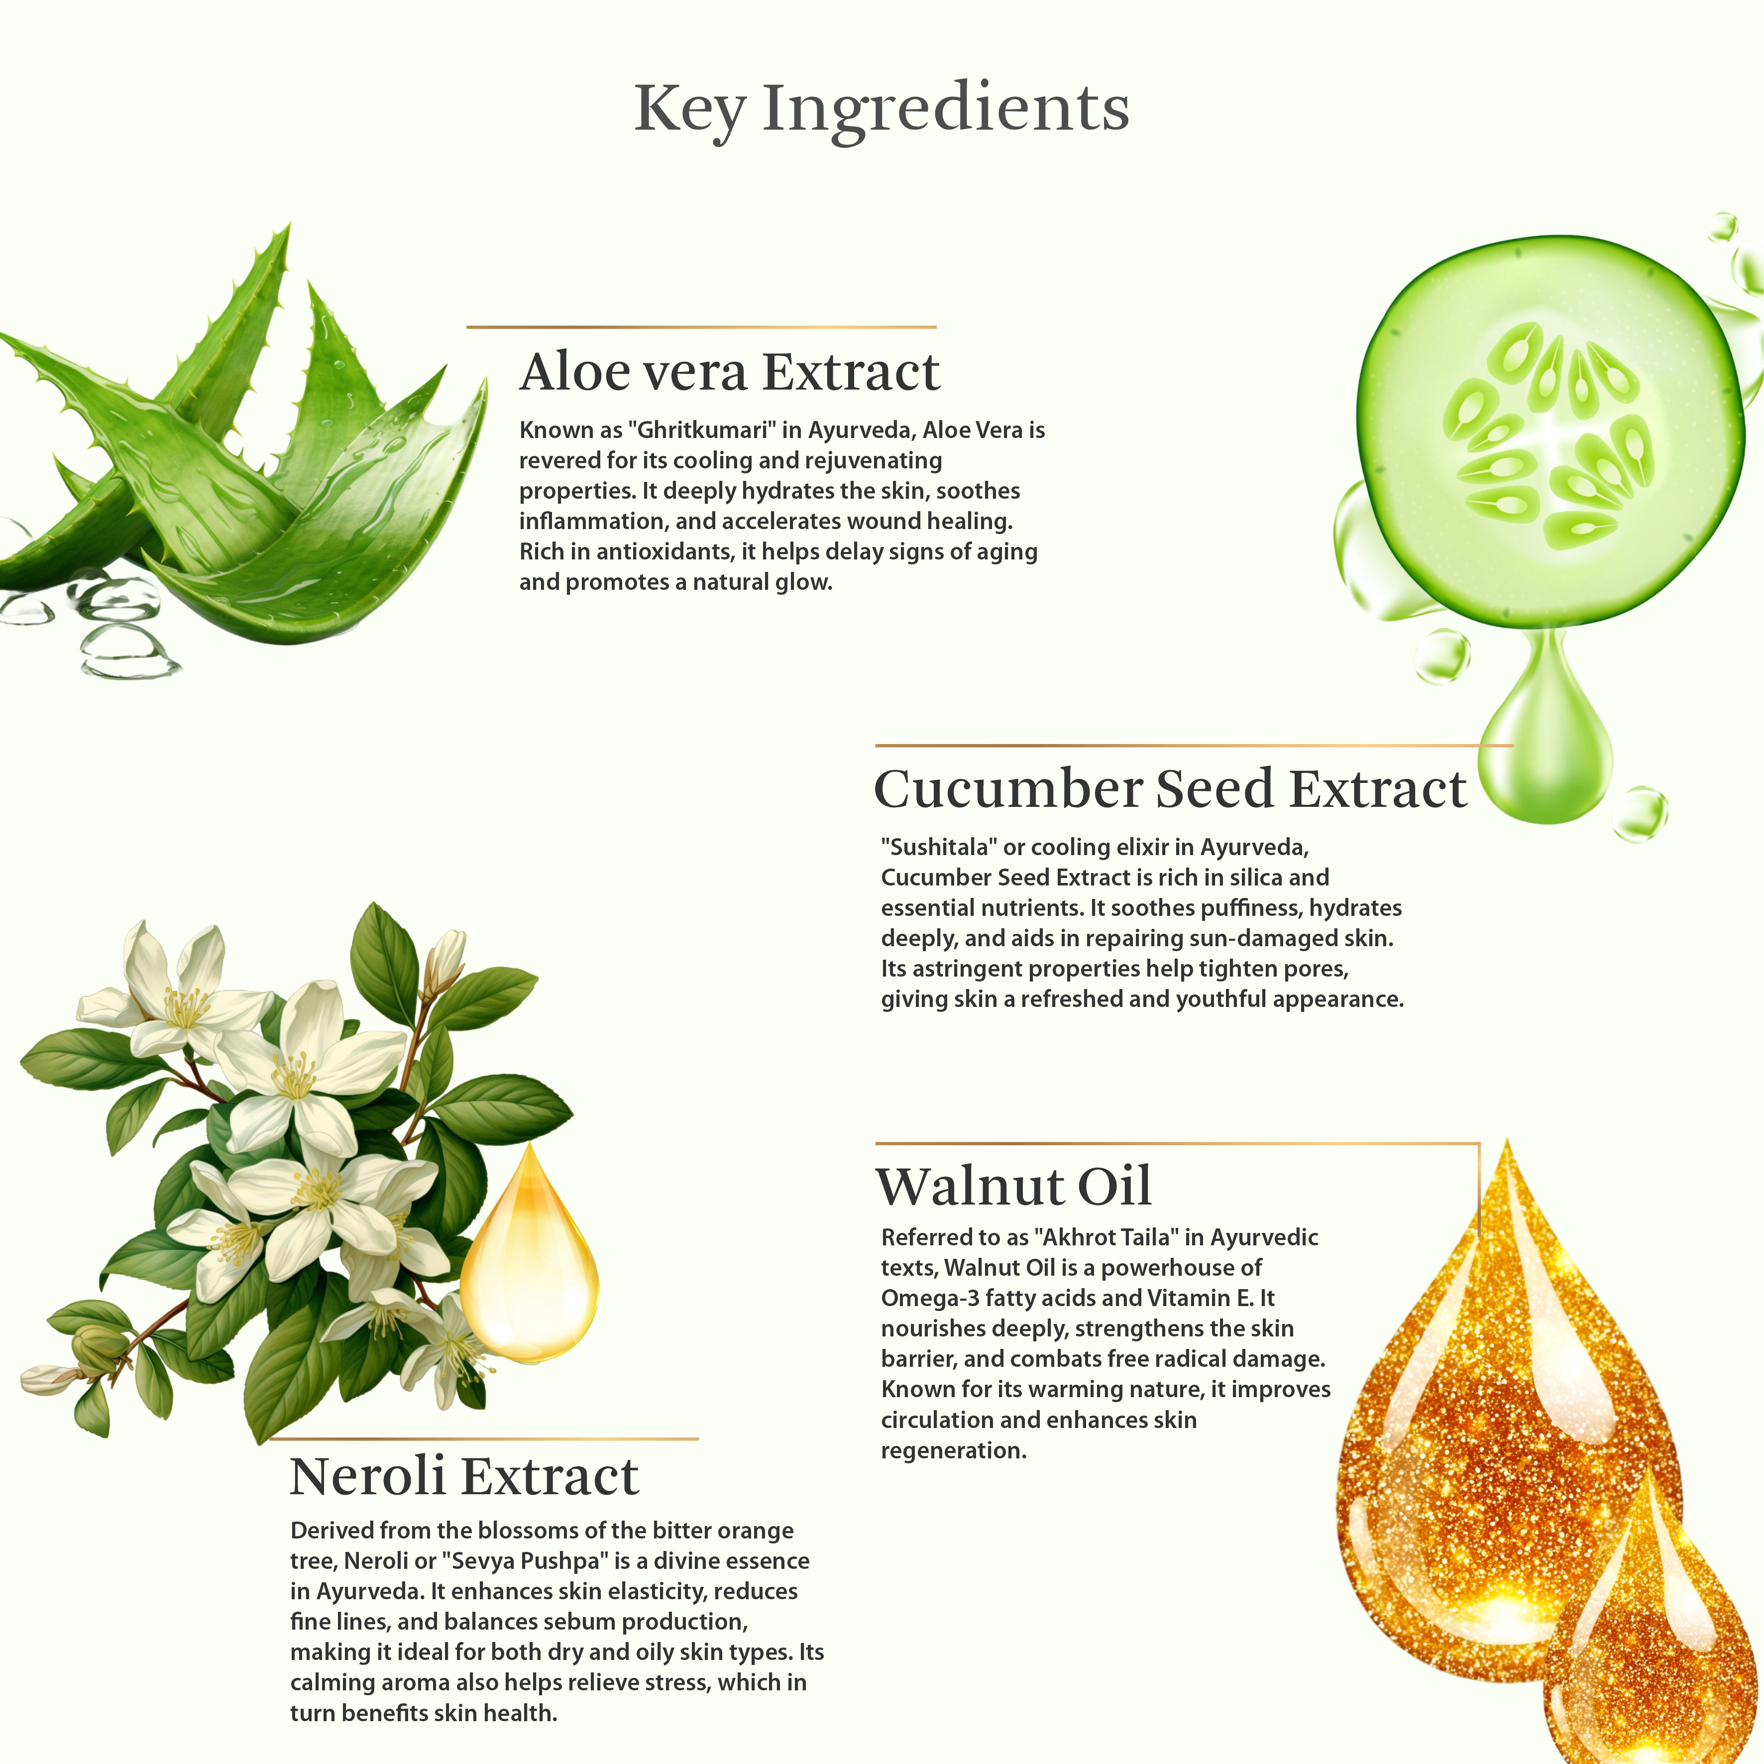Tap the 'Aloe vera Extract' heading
coord(730,372)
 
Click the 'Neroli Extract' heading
coord(464,1476)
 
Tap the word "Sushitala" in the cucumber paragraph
coord(940,847)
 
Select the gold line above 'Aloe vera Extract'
coord(701,327)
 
